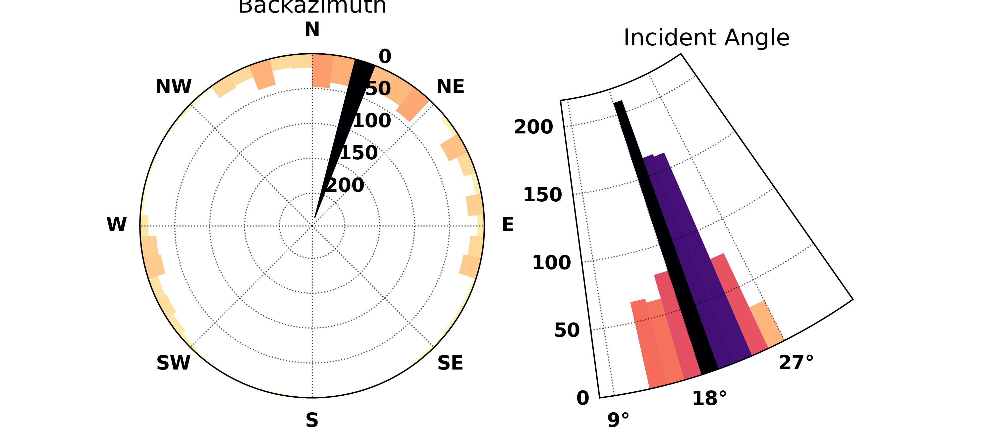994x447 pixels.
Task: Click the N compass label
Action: pyautogui.click(x=312, y=29)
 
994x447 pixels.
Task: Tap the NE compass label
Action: pyautogui.click(x=450, y=86)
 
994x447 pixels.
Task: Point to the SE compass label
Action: pyautogui.click(x=450, y=363)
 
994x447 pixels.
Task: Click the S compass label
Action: pyautogui.click(x=312, y=420)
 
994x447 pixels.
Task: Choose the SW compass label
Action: pyautogui.click(x=173, y=363)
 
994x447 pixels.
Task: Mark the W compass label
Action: pyautogui.click(x=116, y=224)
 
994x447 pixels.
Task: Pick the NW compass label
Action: pyautogui.click(x=173, y=86)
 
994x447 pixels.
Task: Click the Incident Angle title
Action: pyautogui.click(x=706, y=38)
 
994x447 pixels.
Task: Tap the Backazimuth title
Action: pyautogui.click(x=312, y=6)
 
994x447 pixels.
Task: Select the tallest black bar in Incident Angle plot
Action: pyautogui.click(x=664, y=231)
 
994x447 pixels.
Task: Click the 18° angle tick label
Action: pyautogui.click(x=709, y=398)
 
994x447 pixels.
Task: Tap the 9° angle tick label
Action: pyautogui.click(x=618, y=420)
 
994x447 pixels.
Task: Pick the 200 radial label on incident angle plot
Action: pyautogui.click(x=533, y=127)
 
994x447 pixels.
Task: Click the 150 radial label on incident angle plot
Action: pyautogui.click(x=542, y=195)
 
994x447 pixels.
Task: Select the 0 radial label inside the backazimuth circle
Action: pyautogui.click(x=385, y=57)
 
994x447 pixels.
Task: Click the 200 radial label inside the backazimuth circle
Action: pyautogui.click(x=345, y=185)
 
